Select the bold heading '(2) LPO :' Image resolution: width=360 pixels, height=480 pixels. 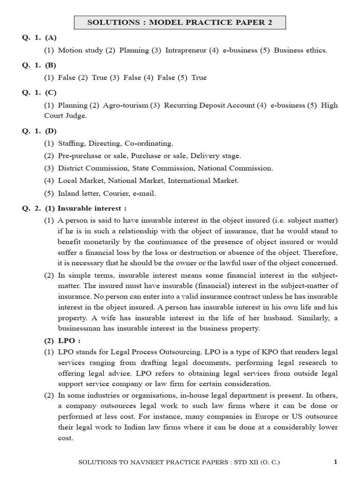coord(62,341)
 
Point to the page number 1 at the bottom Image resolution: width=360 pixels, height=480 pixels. coord(335,462)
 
